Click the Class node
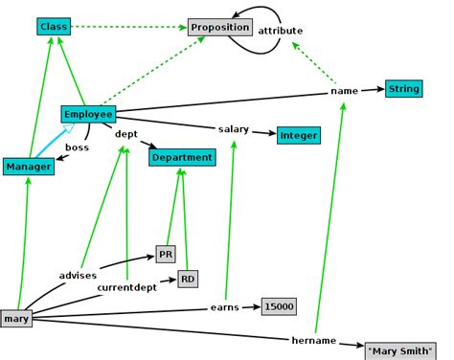click(x=54, y=26)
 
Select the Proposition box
click(x=219, y=28)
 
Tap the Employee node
click(x=88, y=114)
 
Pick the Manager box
click(x=27, y=167)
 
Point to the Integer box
click(x=298, y=135)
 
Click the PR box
click(x=166, y=255)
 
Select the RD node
click(x=188, y=279)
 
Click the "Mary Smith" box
click(x=398, y=350)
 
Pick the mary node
click(x=16, y=318)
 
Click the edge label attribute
click(x=280, y=31)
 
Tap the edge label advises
click(x=78, y=275)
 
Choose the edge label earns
click(x=224, y=307)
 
